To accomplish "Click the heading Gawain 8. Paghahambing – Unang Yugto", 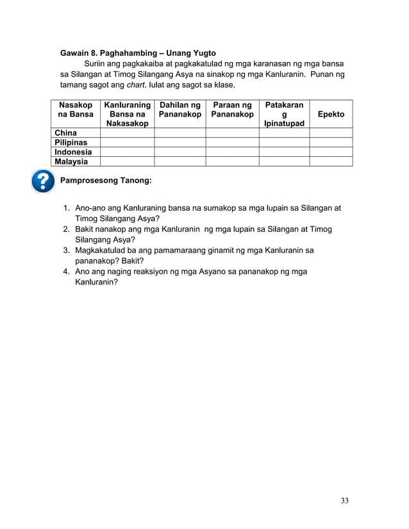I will [138, 53].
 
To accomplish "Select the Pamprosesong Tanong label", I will [106, 181].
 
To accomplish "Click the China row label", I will [65, 133].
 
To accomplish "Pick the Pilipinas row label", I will [71, 142].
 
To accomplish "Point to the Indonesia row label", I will [73, 152].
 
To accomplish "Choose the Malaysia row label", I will [71, 161].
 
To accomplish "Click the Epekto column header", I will [331, 114].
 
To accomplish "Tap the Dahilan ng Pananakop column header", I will [179, 110].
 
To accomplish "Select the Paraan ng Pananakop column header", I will [232, 110].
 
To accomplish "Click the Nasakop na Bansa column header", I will [75, 110].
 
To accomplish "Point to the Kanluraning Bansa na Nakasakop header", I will [127, 114].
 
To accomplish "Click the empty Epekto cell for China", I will [331, 133].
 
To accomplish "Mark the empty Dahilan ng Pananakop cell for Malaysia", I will [179, 161].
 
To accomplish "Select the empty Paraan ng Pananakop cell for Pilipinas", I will [232, 142].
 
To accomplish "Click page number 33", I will [345, 501].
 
